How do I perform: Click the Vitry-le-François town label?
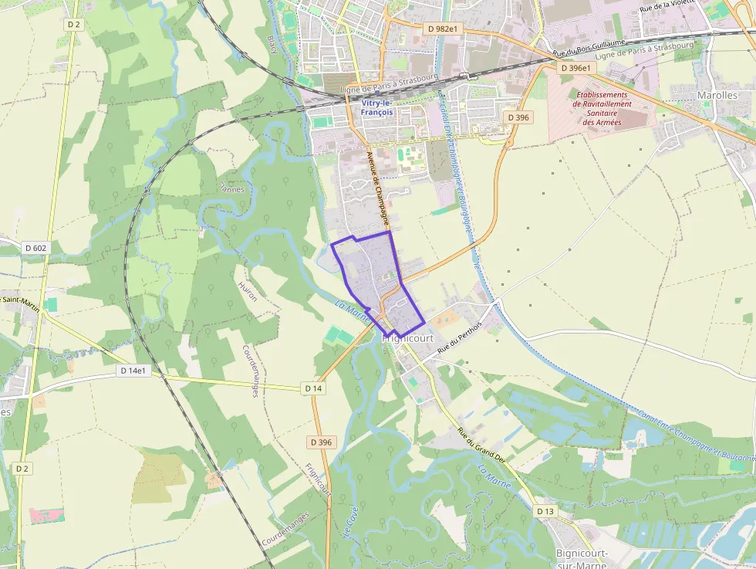point(376,107)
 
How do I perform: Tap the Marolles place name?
point(717,95)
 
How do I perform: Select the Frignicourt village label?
point(409,338)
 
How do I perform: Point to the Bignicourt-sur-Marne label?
point(582,559)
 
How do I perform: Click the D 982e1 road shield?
point(443,29)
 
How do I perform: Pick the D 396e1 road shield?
point(575,68)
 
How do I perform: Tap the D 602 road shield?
point(35,248)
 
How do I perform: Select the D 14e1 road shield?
point(133,371)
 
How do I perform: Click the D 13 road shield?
point(545,511)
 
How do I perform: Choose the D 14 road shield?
point(312,388)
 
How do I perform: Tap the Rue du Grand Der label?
point(480,445)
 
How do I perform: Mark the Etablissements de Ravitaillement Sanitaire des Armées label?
point(602,108)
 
